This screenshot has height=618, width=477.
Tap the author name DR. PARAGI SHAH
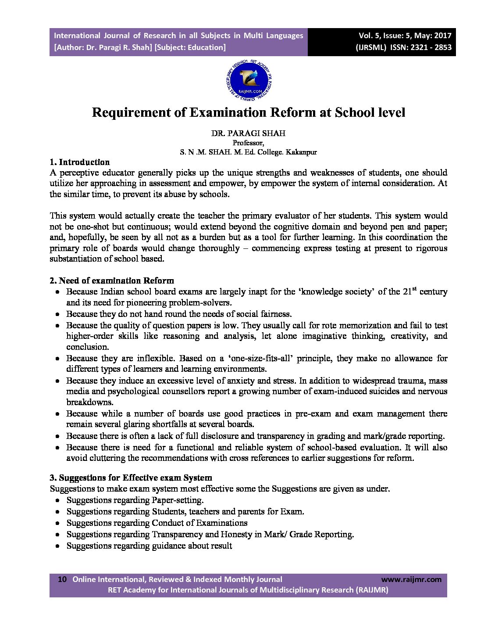248,133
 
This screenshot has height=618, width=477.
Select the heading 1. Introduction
79,162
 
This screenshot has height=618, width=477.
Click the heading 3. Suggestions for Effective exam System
131,478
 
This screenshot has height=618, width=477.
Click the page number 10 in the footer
62,579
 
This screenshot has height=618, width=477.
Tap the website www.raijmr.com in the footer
411,579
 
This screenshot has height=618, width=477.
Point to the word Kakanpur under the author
301,152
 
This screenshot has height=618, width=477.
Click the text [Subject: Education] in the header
190,47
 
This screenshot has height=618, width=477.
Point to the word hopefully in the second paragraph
87,237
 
